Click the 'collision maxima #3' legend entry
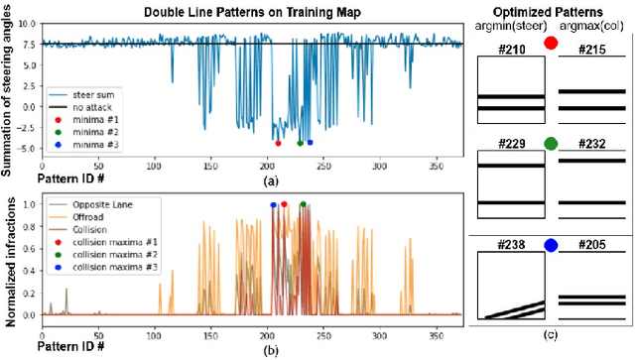(x=114, y=268)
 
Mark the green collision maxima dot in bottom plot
(x=303, y=204)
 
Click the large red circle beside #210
(x=551, y=44)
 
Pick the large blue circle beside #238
(x=551, y=243)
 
